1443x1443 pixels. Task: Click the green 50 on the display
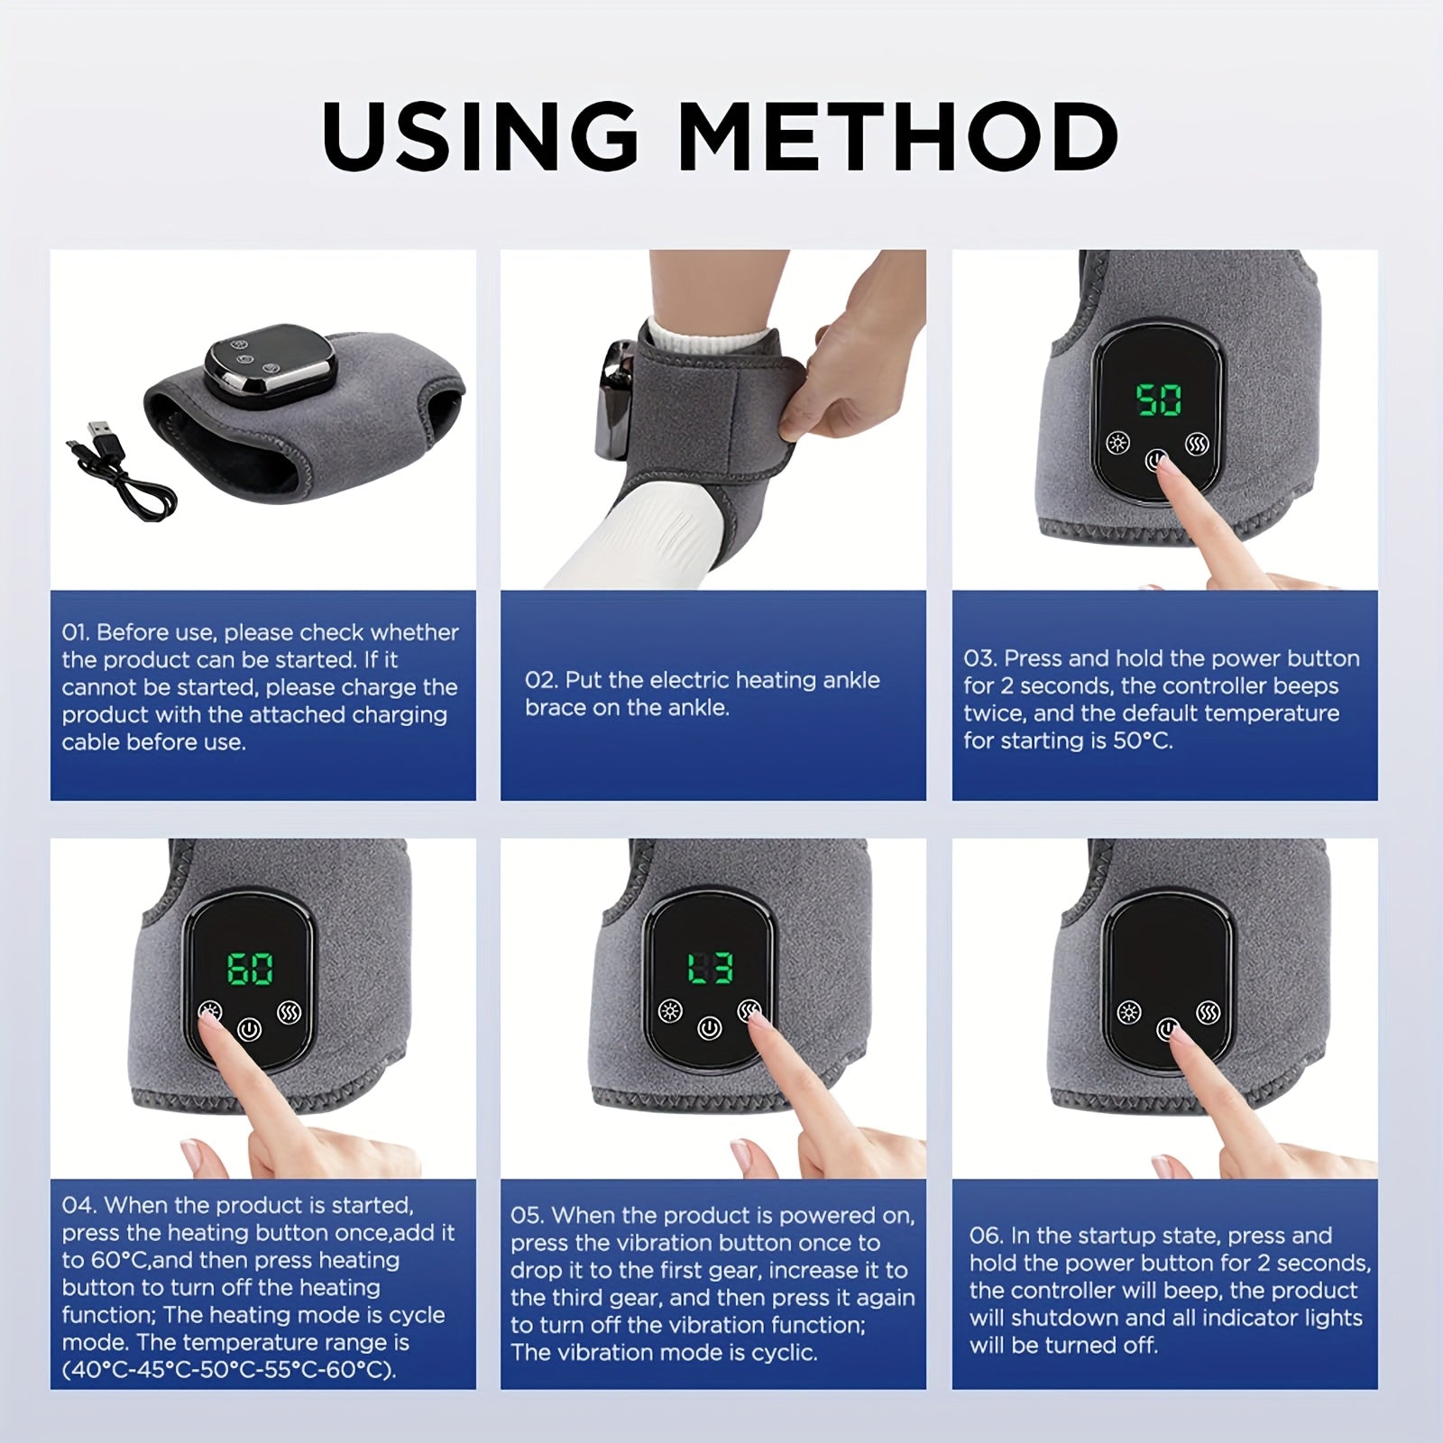1158,399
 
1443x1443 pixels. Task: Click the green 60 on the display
250,970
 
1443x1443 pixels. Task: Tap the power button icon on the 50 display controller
1156,462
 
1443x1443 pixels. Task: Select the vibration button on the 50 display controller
1198,444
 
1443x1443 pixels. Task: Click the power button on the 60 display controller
249,1029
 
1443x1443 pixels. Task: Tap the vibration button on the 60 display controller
290,1011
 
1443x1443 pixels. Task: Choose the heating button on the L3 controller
669,1011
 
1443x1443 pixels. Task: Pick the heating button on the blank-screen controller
1128,1013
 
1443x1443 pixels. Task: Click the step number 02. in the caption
540,680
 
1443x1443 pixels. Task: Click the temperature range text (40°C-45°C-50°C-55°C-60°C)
229,1370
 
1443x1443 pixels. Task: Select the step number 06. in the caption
986,1236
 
